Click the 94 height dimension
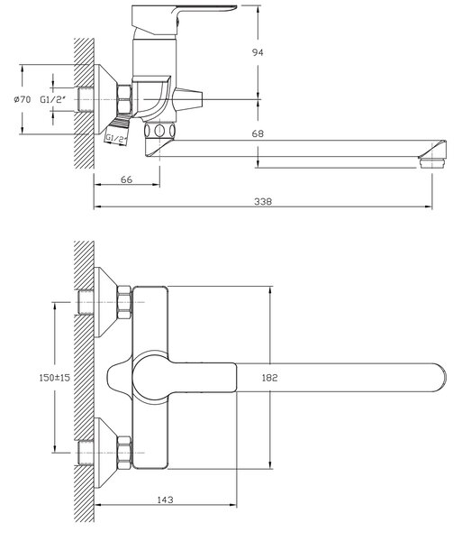(258, 52)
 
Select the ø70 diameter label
(22, 100)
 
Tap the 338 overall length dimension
(263, 201)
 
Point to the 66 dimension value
(127, 179)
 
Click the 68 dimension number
(258, 133)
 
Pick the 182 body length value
(270, 378)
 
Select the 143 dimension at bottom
(166, 500)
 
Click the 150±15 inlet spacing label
(54, 378)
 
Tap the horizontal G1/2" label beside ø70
(53, 100)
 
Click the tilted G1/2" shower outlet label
(116, 139)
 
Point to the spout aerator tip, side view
(432, 163)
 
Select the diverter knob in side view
(187, 99)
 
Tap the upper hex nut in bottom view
(124, 302)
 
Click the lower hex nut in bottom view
(124, 453)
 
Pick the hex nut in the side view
(124, 99)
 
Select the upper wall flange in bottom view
(106, 302)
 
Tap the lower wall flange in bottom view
(106, 453)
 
